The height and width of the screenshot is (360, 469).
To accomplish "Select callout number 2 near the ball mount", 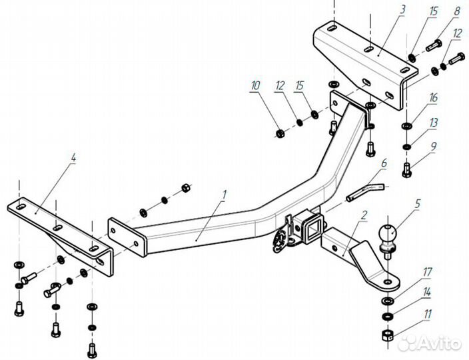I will click(364, 215).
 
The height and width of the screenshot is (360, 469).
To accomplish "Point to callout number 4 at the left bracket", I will click(73, 158).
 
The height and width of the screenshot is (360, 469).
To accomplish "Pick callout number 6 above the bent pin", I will click(384, 162).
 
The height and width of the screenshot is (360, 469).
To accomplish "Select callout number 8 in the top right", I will click(457, 12).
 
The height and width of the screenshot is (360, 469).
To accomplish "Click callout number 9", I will click(434, 145).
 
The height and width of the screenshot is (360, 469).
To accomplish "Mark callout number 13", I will click(434, 122).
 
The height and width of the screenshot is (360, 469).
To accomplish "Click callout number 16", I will click(434, 98).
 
